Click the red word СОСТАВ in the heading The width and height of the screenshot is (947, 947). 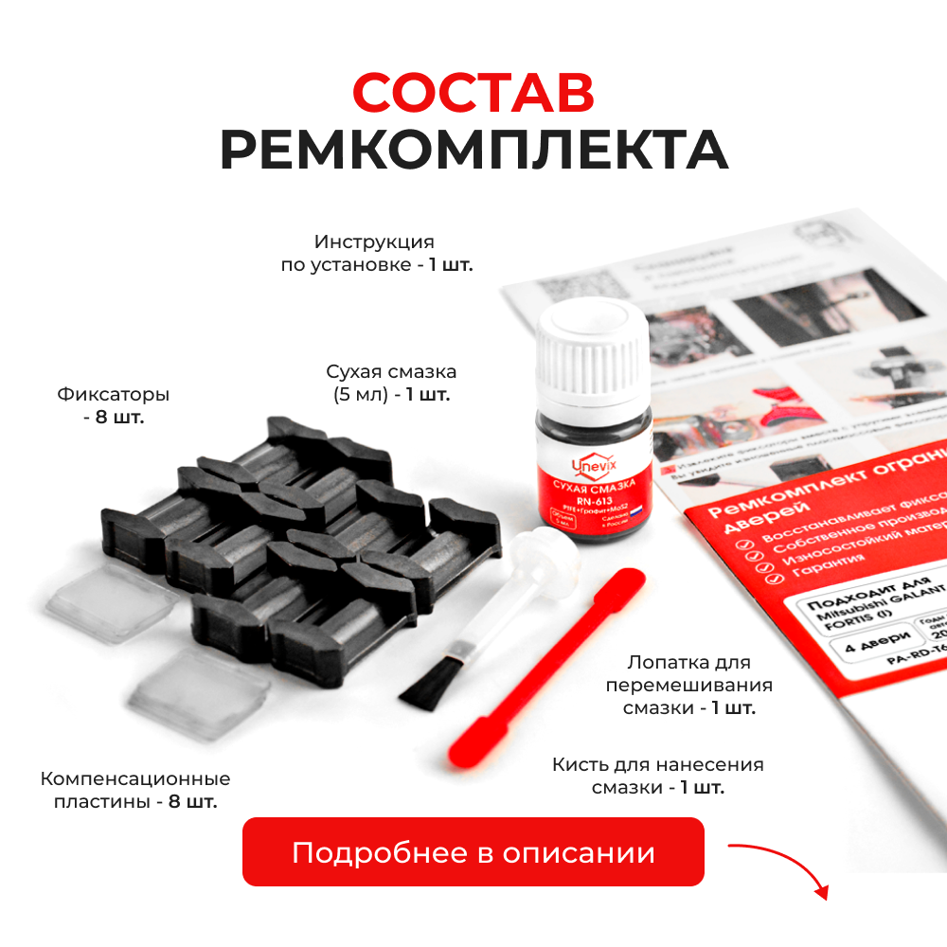pos(473,92)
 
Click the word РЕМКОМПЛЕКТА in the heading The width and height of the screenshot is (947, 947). pos(473,151)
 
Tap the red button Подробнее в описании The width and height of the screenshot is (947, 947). pos(473,852)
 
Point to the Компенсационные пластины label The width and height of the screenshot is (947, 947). pos(135,790)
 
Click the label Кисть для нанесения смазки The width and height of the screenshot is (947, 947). pos(658,776)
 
